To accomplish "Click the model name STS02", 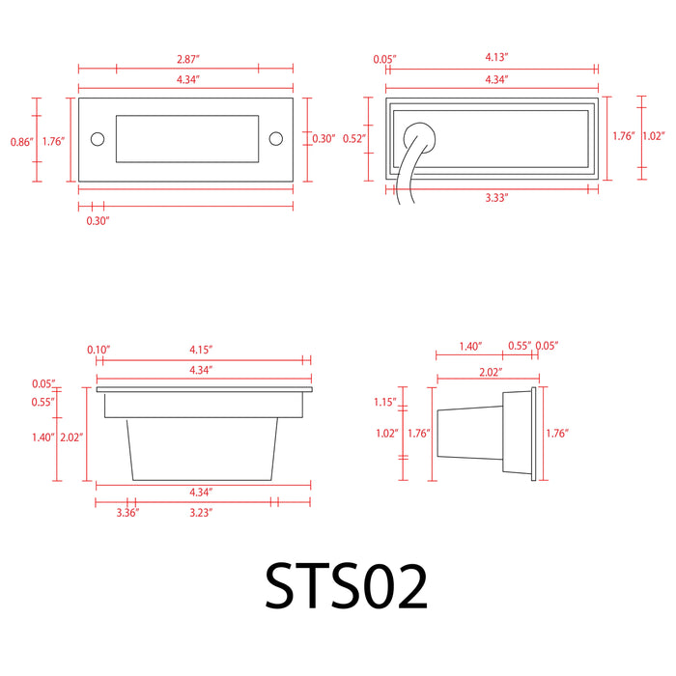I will [x=346, y=587].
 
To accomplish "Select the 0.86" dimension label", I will [x=20, y=142].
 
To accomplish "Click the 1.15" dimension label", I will [x=386, y=402].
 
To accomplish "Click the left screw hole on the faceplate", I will [x=97, y=139].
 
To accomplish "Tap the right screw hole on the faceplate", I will [x=276, y=139].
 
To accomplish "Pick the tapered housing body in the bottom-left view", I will [x=204, y=446].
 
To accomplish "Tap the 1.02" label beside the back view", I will [x=653, y=136].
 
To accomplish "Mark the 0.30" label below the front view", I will [x=98, y=221].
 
